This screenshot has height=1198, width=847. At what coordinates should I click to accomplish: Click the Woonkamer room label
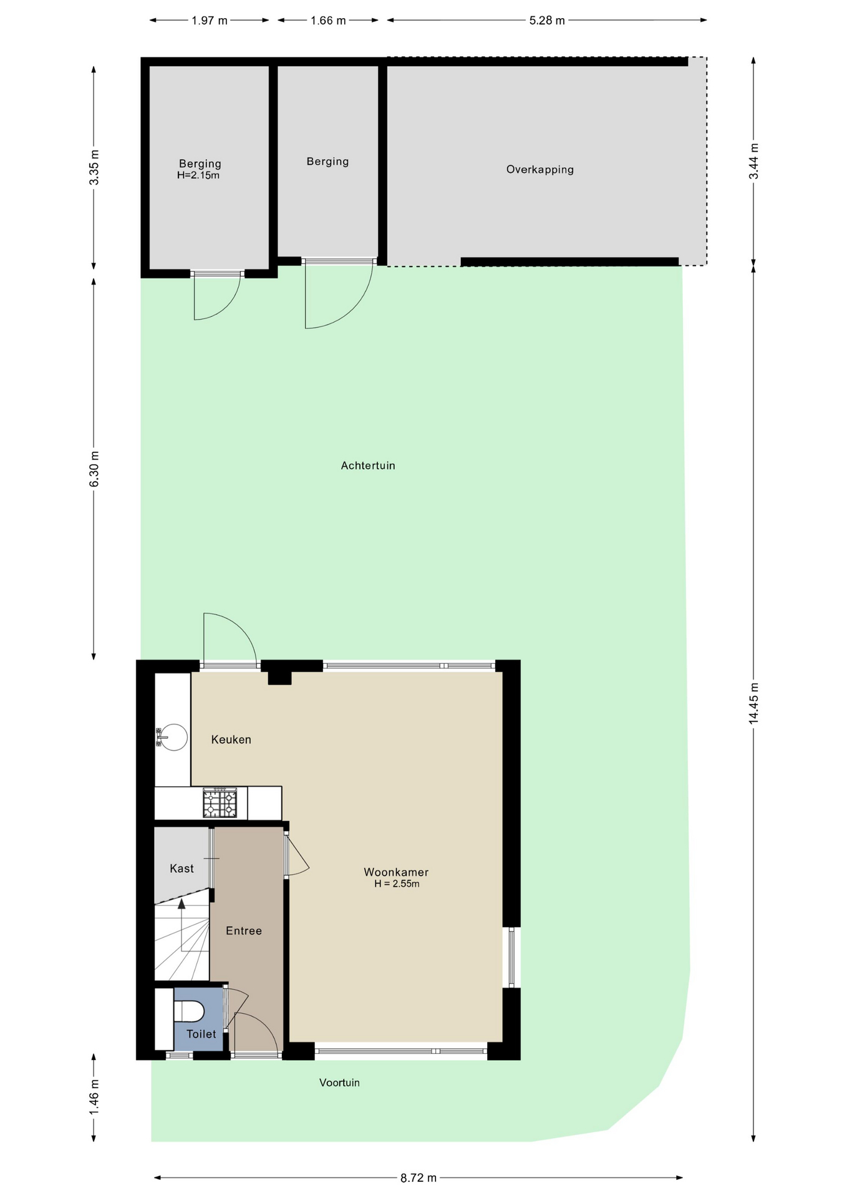click(396, 872)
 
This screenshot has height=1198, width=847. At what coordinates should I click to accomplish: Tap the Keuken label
click(231, 739)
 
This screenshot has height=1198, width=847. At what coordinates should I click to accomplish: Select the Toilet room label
click(201, 1034)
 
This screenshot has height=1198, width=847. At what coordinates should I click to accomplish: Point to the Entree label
click(244, 930)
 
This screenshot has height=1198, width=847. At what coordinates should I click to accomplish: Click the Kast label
click(181, 868)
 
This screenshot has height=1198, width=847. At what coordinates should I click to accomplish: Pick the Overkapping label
click(540, 170)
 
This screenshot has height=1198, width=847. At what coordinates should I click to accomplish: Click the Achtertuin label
click(368, 465)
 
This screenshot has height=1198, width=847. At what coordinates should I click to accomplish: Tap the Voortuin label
click(339, 1083)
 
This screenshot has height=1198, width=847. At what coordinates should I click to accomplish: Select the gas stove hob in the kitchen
click(220, 803)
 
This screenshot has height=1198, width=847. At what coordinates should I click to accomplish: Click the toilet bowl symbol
click(188, 1011)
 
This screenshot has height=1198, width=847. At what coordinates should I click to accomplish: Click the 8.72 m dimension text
click(419, 1178)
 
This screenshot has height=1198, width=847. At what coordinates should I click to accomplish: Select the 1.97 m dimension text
click(210, 21)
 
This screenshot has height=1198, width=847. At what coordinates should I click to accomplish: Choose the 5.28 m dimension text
click(547, 21)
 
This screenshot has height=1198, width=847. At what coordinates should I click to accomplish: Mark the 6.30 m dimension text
click(94, 469)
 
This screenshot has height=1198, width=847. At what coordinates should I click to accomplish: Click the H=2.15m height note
click(198, 175)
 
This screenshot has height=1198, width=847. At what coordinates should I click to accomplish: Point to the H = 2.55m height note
click(397, 884)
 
